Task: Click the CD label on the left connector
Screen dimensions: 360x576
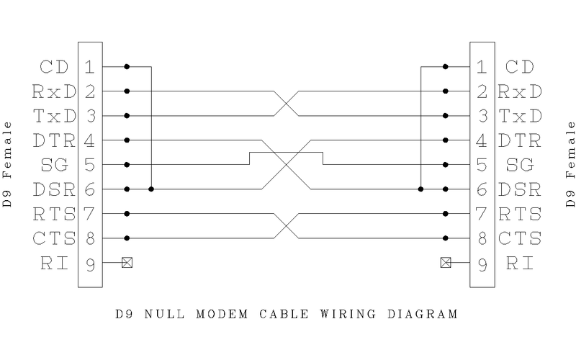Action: coord(54,67)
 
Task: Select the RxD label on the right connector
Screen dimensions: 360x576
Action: coord(520,91)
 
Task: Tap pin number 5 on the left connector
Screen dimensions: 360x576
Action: coord(89,165)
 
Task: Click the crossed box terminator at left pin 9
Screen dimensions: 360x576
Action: coord(127,263)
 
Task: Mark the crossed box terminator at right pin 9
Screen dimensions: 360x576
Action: coord(446,263)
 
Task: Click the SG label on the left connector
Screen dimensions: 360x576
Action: coord(54,165)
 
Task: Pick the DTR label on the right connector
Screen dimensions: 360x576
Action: coord(520,140)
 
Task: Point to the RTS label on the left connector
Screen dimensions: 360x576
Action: coord(50,214)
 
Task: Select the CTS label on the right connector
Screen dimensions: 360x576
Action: coord(520,238)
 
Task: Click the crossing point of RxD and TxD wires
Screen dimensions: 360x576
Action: coord(286,103)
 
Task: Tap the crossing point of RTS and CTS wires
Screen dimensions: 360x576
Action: coord(286,226)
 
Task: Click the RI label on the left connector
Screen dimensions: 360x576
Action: coord(54,263)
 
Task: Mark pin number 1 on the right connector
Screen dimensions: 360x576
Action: coord(482,67)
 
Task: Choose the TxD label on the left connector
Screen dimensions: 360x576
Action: coord(50,116)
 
